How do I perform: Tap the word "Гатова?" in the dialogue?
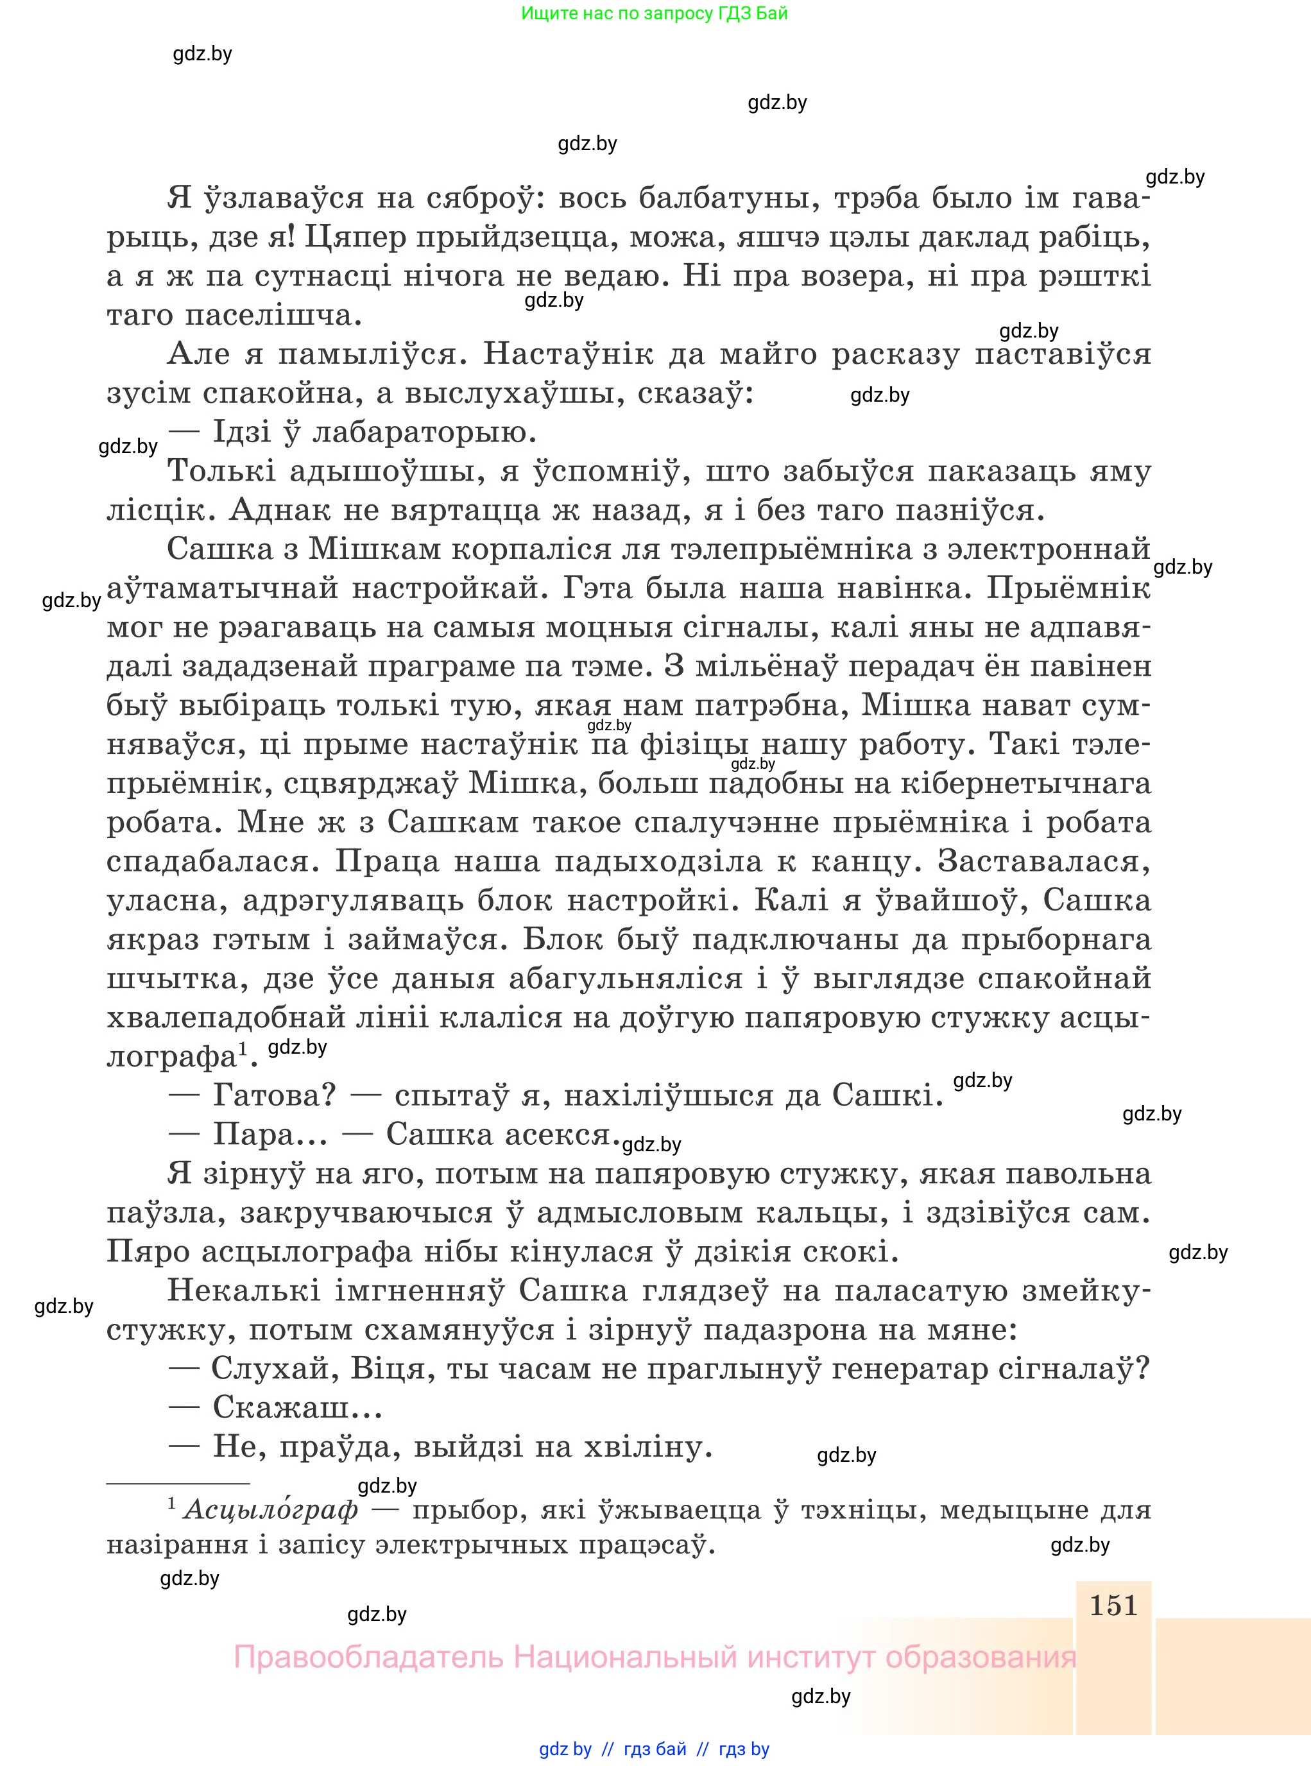[x=275, y=1095]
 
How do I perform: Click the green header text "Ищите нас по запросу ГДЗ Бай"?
[x=655, y=13]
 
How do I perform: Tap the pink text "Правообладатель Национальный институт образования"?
[x=655, y=1658]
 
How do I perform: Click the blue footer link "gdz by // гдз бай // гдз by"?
[x=654, y=1749]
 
